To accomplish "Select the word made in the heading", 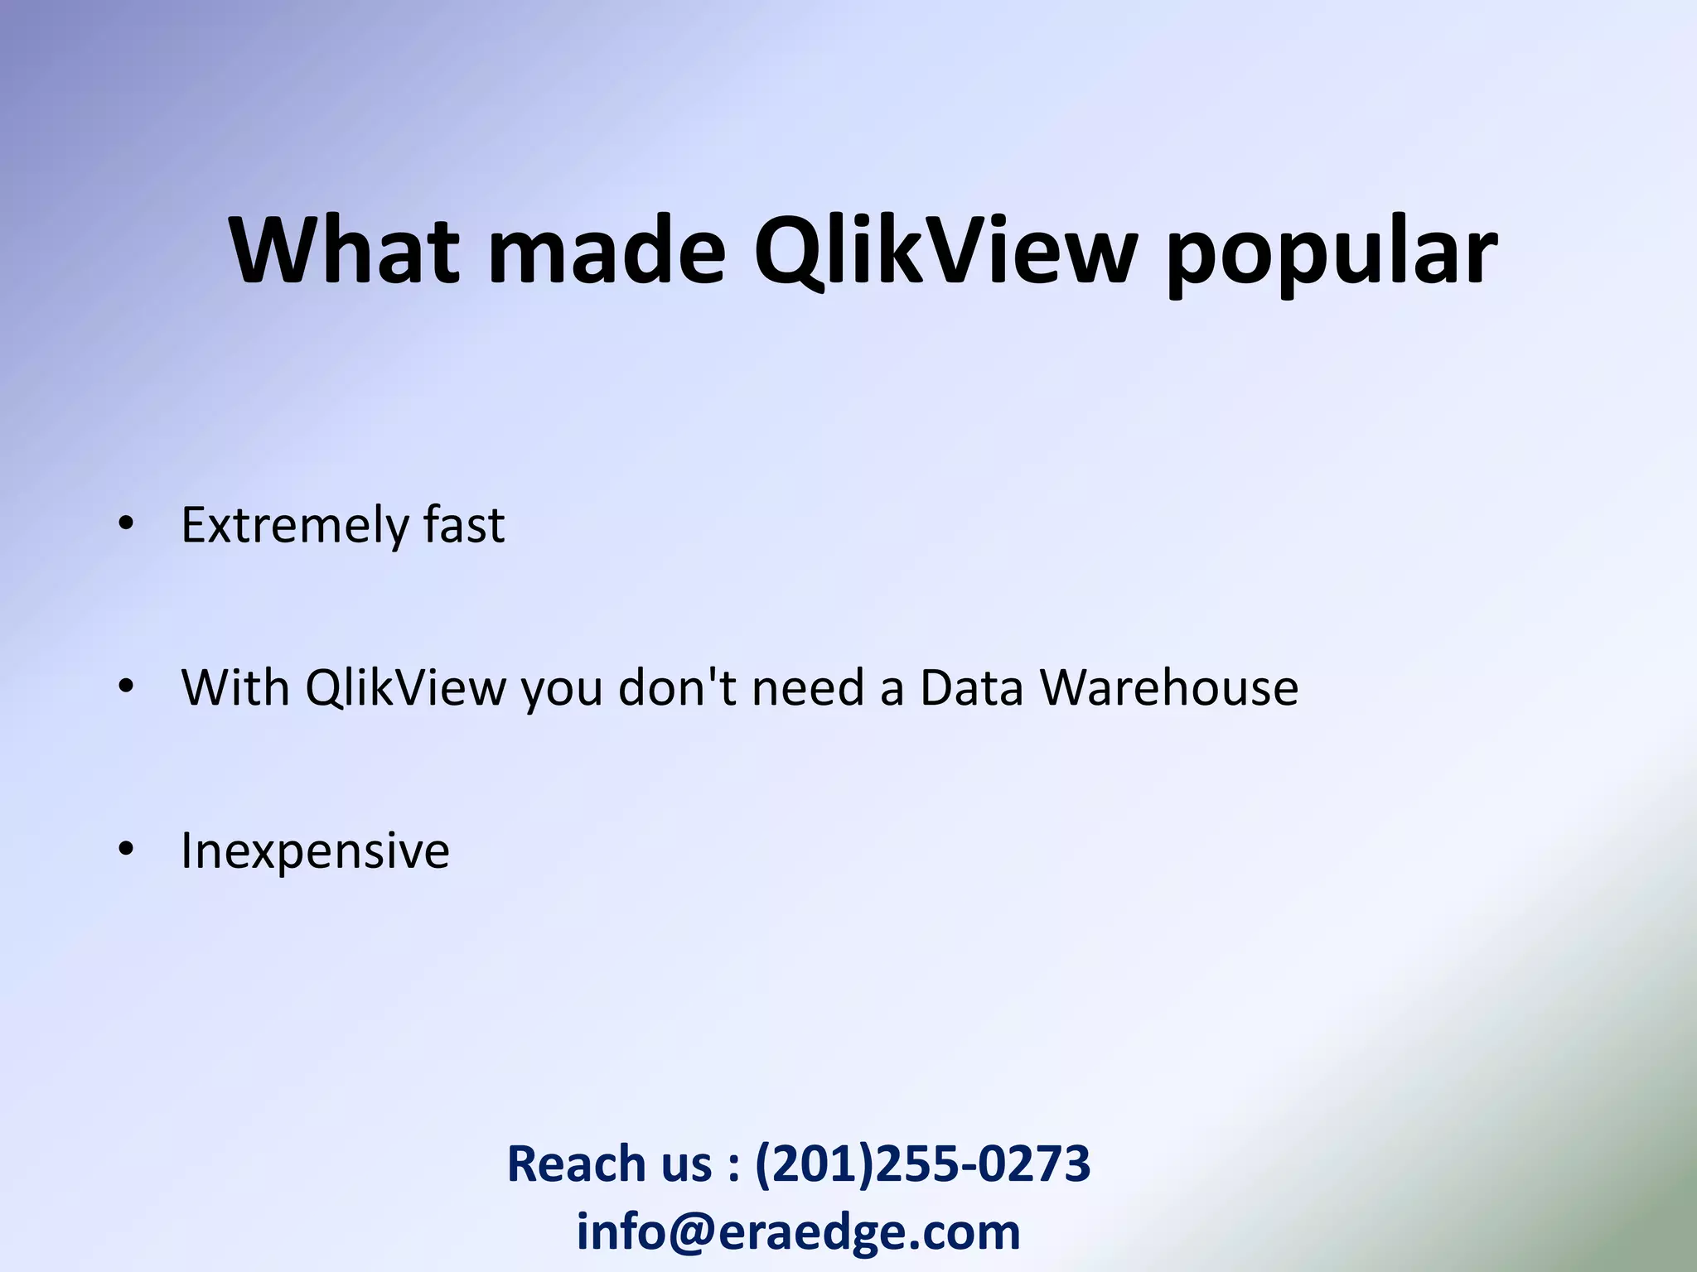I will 607,250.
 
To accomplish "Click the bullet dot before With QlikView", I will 126,687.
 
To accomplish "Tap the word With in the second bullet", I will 235,687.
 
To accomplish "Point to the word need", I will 808,687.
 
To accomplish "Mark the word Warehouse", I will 1168,687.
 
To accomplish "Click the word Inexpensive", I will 315,851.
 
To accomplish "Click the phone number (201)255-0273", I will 922,1164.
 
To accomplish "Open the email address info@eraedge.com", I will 798,1232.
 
